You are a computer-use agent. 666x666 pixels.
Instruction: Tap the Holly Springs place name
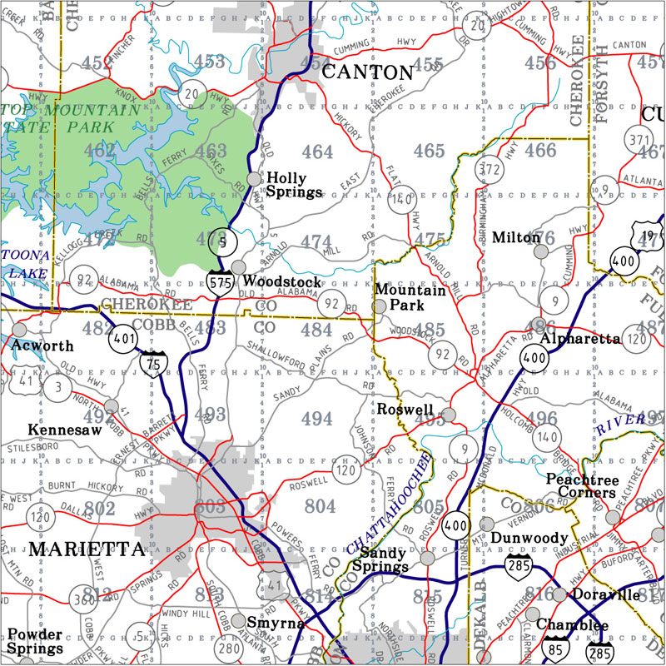[x=294, y=185]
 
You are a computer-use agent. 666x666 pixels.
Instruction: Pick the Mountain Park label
[x=411, y=298]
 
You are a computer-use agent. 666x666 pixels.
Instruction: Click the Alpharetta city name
[x=580, y=340]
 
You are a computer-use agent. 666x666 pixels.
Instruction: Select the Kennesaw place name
[x=64, y=430]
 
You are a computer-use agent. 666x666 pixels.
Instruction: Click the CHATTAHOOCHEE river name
[x=389, y=507]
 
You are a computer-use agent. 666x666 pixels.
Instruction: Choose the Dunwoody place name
[x=529, y=539]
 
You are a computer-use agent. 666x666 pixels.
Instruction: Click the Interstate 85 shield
[x=554, y=647]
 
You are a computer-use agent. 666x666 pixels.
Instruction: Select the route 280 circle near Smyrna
[x=230, y=647]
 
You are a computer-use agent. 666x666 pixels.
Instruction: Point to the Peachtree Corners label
[x=581, y=486]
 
